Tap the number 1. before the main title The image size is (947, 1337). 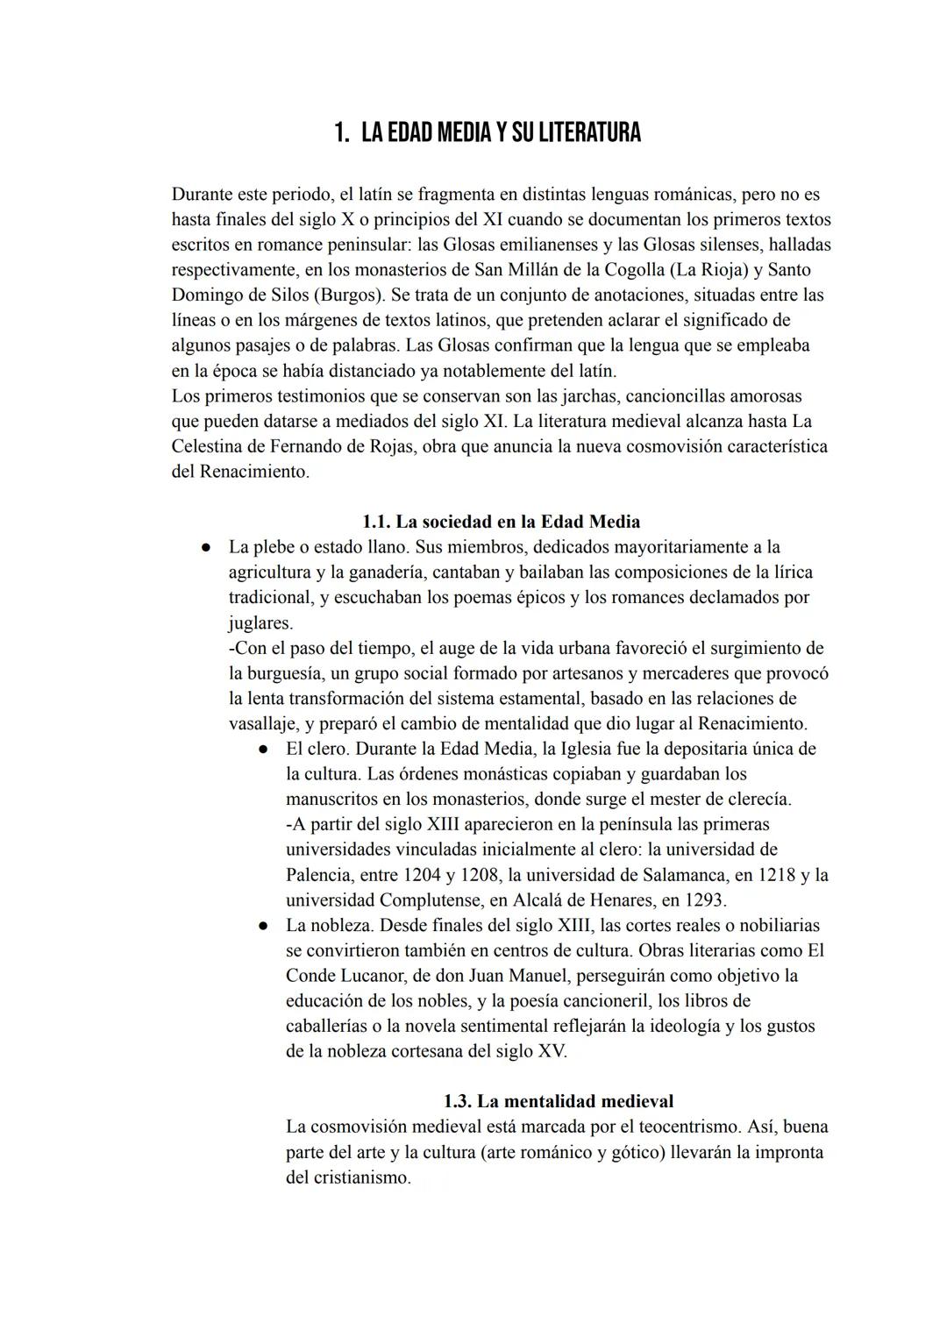tap(342, 133)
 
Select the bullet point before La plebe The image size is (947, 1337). tap(204, 548)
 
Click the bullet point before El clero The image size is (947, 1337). tap(261, 750)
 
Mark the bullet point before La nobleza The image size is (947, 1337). tap(261, 926)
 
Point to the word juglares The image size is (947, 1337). tap(260, 623)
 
